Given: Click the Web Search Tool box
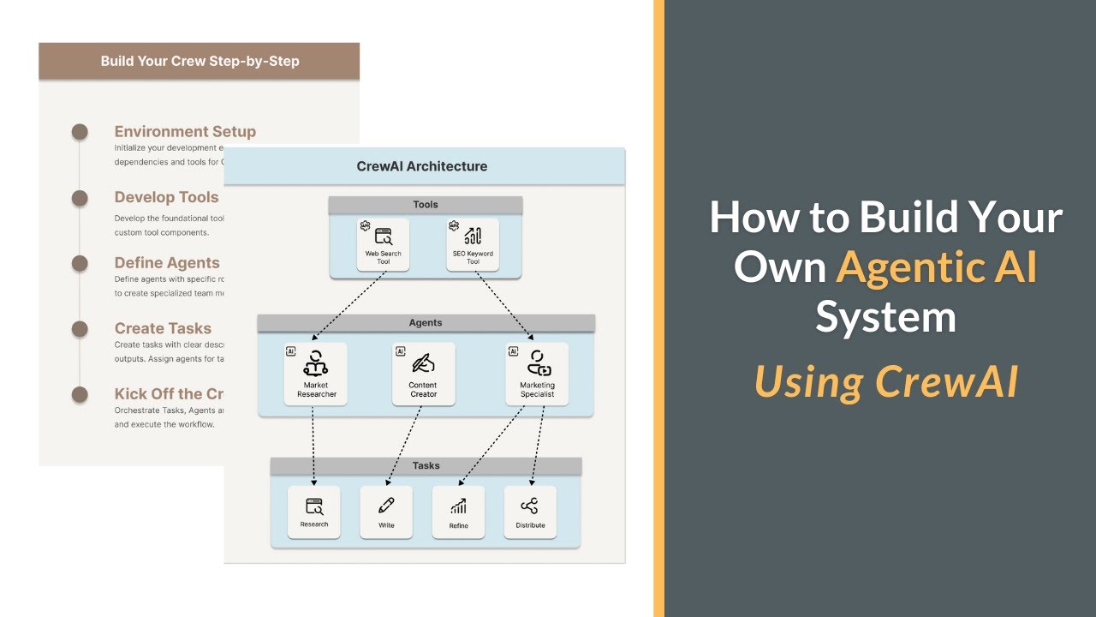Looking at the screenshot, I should click(383, 245).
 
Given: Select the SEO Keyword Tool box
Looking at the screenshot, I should click(473, 245).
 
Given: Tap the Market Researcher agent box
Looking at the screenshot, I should click(316, 374).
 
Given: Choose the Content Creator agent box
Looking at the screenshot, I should click(423, 374).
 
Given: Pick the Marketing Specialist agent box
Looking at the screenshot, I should click(537, 374).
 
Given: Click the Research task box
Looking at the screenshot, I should click(314, 512).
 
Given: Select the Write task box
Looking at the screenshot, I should click(386, 512).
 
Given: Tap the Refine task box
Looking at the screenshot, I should click(458, 512).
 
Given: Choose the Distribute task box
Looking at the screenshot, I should click(530, 512).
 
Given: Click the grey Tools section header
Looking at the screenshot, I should click(426, 205).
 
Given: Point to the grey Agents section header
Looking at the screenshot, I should click(426, 323).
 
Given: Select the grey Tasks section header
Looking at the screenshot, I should click(426, 465).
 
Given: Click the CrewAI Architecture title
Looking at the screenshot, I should click(422, 166).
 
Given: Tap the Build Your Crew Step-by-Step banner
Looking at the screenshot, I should click(200, 62).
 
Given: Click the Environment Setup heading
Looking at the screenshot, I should click(185, 132).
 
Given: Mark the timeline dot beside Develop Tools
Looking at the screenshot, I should click(80, 198).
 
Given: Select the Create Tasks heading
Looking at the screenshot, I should click(163, 328).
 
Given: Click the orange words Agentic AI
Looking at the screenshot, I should click(937, 267).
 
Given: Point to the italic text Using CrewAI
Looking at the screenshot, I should click(885, 381).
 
